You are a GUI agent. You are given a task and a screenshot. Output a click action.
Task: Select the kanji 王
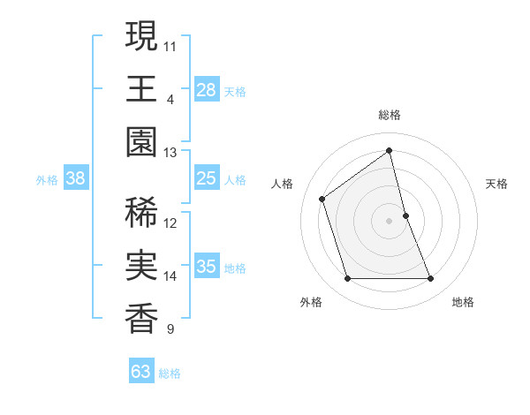click(140, 89)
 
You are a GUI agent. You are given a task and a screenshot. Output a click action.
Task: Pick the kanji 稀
click(140, 214)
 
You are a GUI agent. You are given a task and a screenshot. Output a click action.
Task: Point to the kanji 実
click(140, 267)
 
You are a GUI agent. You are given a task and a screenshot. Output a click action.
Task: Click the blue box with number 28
click(207, 90)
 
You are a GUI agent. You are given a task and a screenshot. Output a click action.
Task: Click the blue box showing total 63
click(141, 372)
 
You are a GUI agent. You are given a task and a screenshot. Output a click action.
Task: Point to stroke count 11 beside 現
click(170, 45)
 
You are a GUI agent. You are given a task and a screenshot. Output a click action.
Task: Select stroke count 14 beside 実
click(170, 276)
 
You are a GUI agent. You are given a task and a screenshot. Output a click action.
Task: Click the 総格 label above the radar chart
click(389, 115)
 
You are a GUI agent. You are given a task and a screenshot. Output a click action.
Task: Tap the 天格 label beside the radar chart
click(496, 184)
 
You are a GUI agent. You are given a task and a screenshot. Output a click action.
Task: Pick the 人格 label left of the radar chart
click(282, 184)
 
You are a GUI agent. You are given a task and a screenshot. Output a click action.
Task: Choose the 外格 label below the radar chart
click(311, 302)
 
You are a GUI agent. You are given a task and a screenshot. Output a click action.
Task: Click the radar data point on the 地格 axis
click(431, 279)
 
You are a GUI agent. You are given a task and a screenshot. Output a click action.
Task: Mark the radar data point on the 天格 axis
click(405, 215)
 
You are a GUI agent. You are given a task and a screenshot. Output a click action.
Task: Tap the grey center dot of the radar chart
click(389, 220)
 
